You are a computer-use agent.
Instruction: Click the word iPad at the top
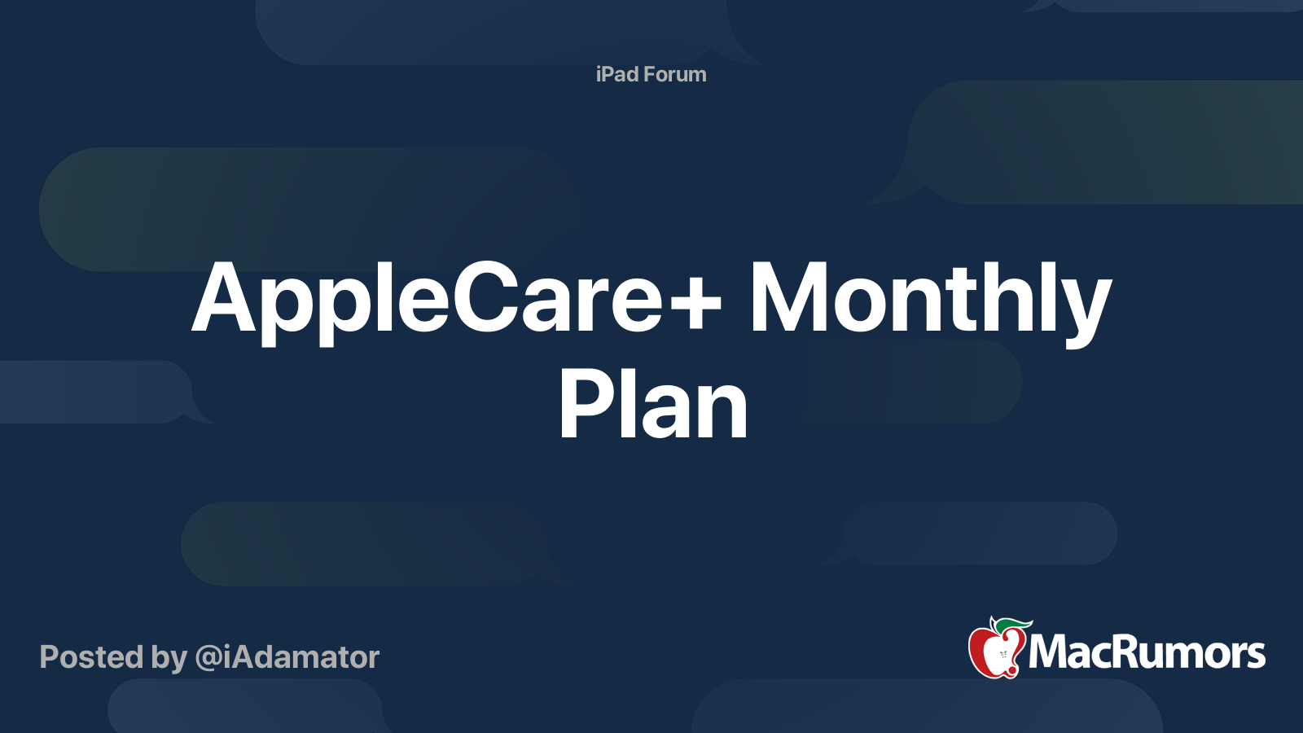616,74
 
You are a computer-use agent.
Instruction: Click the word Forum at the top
674,74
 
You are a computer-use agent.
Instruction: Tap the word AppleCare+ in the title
456,299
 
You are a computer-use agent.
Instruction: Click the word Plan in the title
652,405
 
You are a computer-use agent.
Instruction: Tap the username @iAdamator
287,657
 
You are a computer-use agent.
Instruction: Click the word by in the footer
169,658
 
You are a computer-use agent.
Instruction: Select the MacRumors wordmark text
1147,652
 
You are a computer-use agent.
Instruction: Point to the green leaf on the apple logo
1014,625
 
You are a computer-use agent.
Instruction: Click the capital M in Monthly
787,299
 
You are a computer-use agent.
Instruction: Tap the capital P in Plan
582,405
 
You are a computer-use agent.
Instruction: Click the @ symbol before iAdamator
208,658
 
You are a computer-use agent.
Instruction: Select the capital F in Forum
649,74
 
